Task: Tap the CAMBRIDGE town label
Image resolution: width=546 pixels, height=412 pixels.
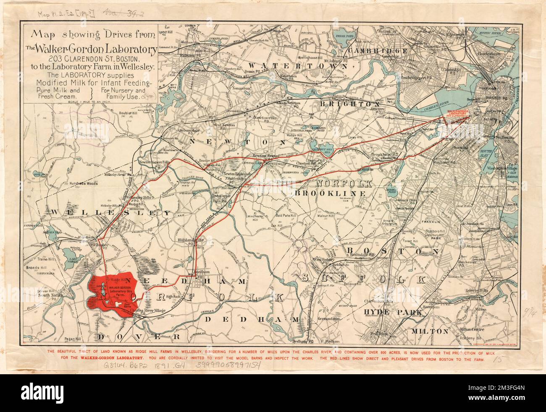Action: click(x=378, y=50)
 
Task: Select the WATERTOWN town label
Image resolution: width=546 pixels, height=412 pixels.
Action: click(x=298, y=66)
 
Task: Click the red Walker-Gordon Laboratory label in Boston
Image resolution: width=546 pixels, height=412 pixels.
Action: click(x=460, y=114)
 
